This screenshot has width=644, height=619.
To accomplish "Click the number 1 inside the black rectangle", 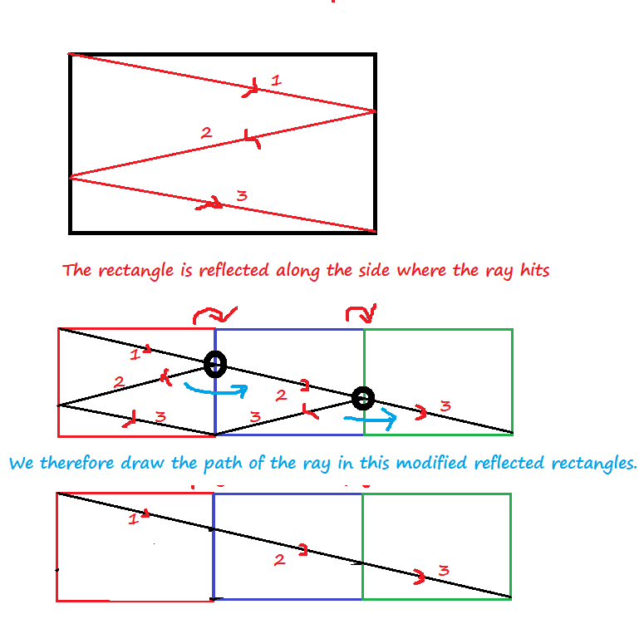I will coord(277,81).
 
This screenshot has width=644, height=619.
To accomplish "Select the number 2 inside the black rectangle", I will coord(206,132).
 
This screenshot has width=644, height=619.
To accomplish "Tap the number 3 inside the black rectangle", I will coord(242,196).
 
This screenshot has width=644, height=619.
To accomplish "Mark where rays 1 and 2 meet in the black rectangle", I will coord(375,111).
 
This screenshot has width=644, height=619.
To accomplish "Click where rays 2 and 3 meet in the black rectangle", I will coord(71,176).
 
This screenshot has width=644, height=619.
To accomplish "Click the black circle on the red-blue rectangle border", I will coord(214,363).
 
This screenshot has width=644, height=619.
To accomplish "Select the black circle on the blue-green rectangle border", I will coord(361,398).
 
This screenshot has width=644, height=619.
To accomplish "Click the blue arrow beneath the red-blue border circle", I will coord(214,388).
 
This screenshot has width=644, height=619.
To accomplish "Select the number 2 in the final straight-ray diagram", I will coord(279,560).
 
